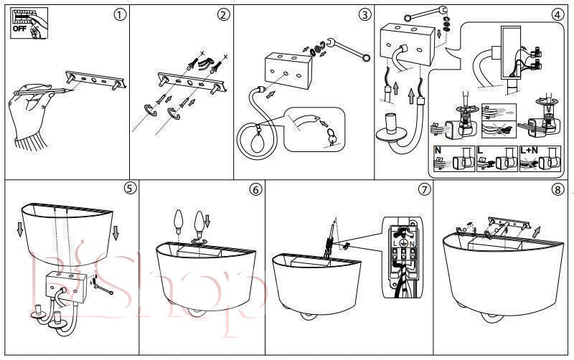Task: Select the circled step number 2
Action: click(x=225, y=15)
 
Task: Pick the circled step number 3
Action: click(x=365, y=15)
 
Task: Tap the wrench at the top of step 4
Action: click(x=424, y=11)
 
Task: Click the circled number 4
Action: click(x=557, y=15)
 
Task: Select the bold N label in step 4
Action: click(x=438, y=151)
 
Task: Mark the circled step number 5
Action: click(x=129, y=189)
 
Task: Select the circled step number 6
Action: click(x=255, y=189)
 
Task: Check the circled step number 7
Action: click(x=424, y=189)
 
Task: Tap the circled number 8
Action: click(x=557, y=189)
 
